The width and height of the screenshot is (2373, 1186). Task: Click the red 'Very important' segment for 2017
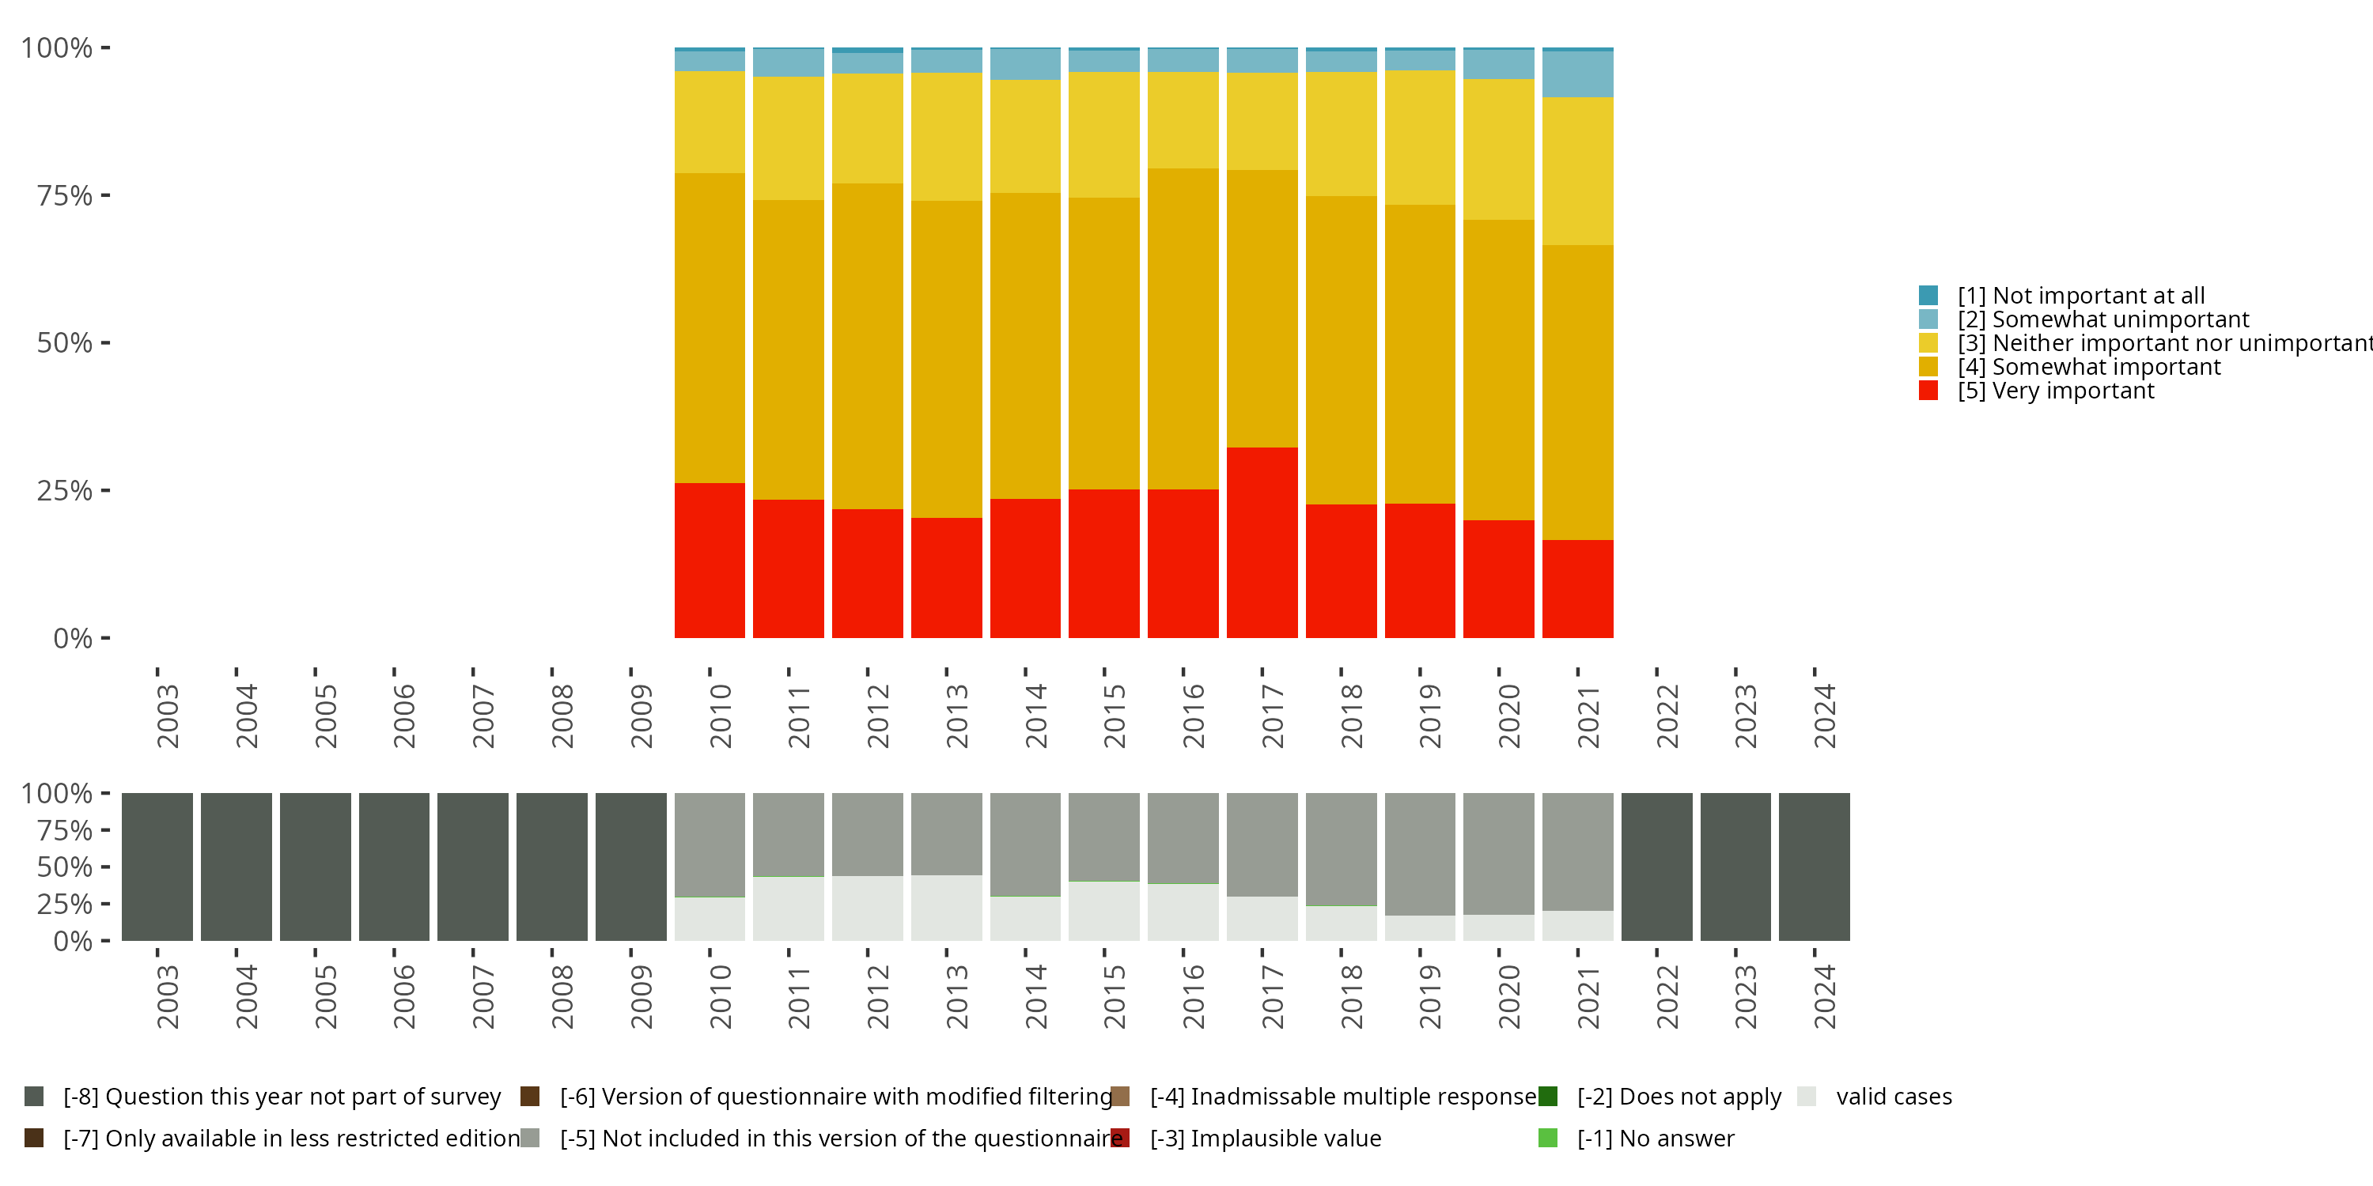pyautogui.click(x=1262, y=542)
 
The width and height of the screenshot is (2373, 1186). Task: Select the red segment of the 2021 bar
pyautogui.click(x=1578, y=588)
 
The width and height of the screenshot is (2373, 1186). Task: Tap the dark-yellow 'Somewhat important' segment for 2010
pyautogui.click(x=710, y=328)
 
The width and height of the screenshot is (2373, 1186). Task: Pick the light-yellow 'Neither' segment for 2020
pyautogui.click(x=1499, y=149)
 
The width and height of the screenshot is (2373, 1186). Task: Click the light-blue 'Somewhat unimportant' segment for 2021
pyautogui.click(x=1578, y=74)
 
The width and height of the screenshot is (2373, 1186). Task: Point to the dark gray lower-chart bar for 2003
pyautogui.click(x=157, y=867)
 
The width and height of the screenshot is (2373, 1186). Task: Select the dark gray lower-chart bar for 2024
pyautogui.click(x=1814, y=867)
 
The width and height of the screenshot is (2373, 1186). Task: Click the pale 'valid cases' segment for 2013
pyautogui.click(x=946, y=908)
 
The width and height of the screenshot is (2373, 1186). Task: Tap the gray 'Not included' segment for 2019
pyautogui.click(x=1420, y=854)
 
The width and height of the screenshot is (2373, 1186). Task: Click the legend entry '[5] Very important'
pyautogui.click(x=2036, y=391)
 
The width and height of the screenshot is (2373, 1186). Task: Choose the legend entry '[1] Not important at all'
pyautogui.click(x=2061, y=296)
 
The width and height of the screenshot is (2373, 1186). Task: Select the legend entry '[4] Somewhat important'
pyautogui.click(x=2069, y=367)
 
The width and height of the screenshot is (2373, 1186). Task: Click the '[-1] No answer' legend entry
pyautogui.click(x=1636, y=1138)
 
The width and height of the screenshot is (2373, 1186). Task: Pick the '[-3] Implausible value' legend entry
pyautogui.click(x=1246, y=1138)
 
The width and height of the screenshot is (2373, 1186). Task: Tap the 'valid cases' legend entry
pyautogui.click(x=1875, y=1097)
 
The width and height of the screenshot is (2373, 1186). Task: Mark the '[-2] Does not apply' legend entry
pyautogui.click(x=1660, y=1097)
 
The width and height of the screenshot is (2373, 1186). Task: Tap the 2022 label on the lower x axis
pyautogui.click(x=1667, y=996)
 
